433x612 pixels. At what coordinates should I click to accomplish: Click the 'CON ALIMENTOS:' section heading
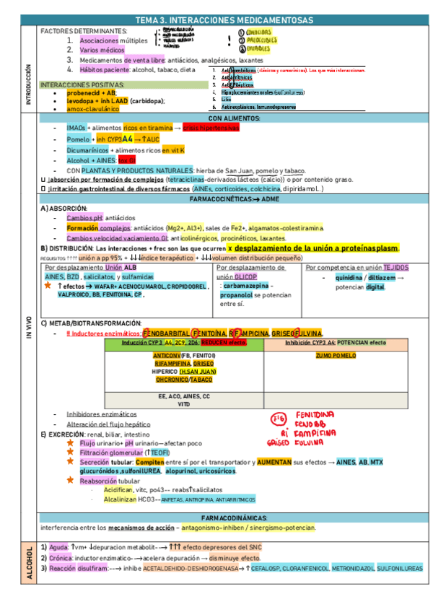pyautogui.click(x=235, y=118)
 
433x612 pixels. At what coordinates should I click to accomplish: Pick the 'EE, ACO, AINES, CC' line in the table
pyautogui.click(x=183, y=396)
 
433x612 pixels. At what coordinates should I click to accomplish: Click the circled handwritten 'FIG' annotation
pyautogui.click(x=278, y=419)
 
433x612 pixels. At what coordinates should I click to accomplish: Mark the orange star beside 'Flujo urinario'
pyautogui.click(x=70, y=442)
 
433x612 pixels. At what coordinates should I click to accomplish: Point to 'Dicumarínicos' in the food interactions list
pyautogui.click(x=87, y=149)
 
